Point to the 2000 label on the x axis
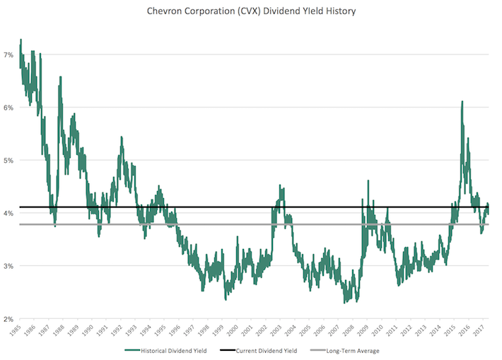[235, 330]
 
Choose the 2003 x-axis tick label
[279, 330]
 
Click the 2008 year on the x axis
[351, 330]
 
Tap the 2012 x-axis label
[409, 330]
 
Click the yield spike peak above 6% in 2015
[462, 102]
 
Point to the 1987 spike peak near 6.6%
[59, 76]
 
